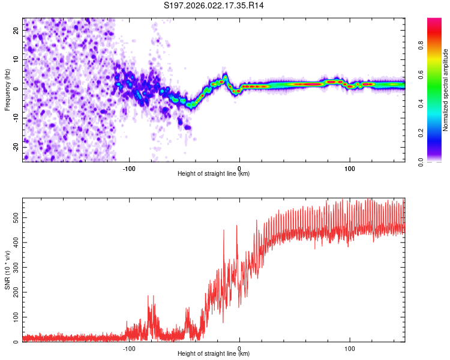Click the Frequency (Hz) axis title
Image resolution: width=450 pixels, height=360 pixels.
coord(7,90)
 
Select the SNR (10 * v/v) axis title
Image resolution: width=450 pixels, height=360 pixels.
coord(7,270)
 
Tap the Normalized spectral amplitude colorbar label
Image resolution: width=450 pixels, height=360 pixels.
coord(446,90)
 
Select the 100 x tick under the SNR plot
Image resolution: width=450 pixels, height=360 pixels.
coord(350,348)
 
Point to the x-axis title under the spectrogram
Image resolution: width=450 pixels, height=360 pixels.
coord(214,174)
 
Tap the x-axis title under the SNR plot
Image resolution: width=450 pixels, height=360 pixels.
coord(214,354)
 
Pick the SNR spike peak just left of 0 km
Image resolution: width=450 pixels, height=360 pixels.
coord(236,226)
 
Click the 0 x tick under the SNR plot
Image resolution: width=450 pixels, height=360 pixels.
coord(239,348)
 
